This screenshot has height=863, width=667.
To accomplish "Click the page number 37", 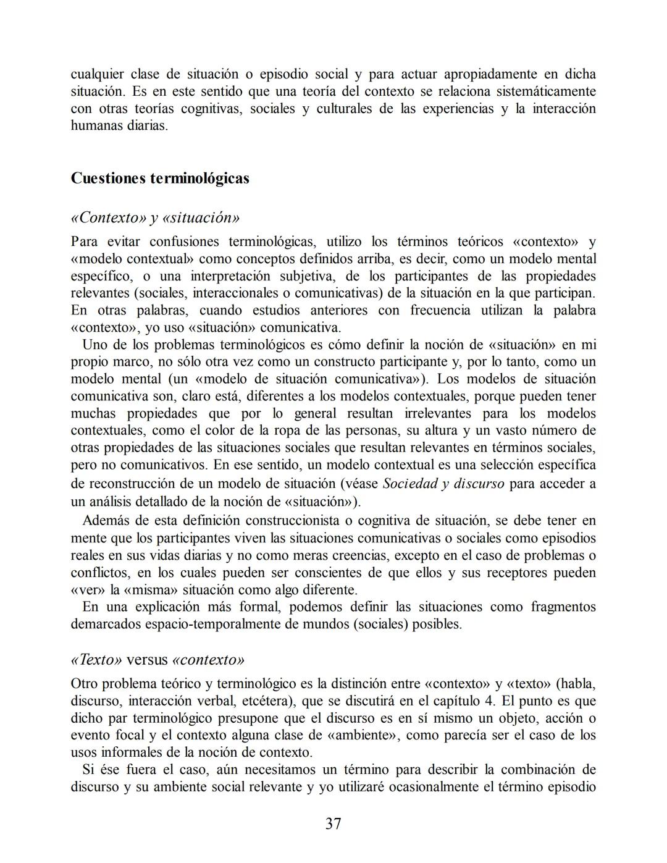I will (333, 823).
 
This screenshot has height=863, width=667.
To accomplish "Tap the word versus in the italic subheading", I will (147, 660).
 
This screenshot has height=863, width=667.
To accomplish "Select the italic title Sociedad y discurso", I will (443, 483).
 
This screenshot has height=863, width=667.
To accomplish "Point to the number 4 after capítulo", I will (489, 701).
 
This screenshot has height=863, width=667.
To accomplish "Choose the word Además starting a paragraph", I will (104, 520).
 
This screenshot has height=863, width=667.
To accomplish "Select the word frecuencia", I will (443, 310).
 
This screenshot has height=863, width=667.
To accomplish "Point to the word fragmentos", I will (563, 607).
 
